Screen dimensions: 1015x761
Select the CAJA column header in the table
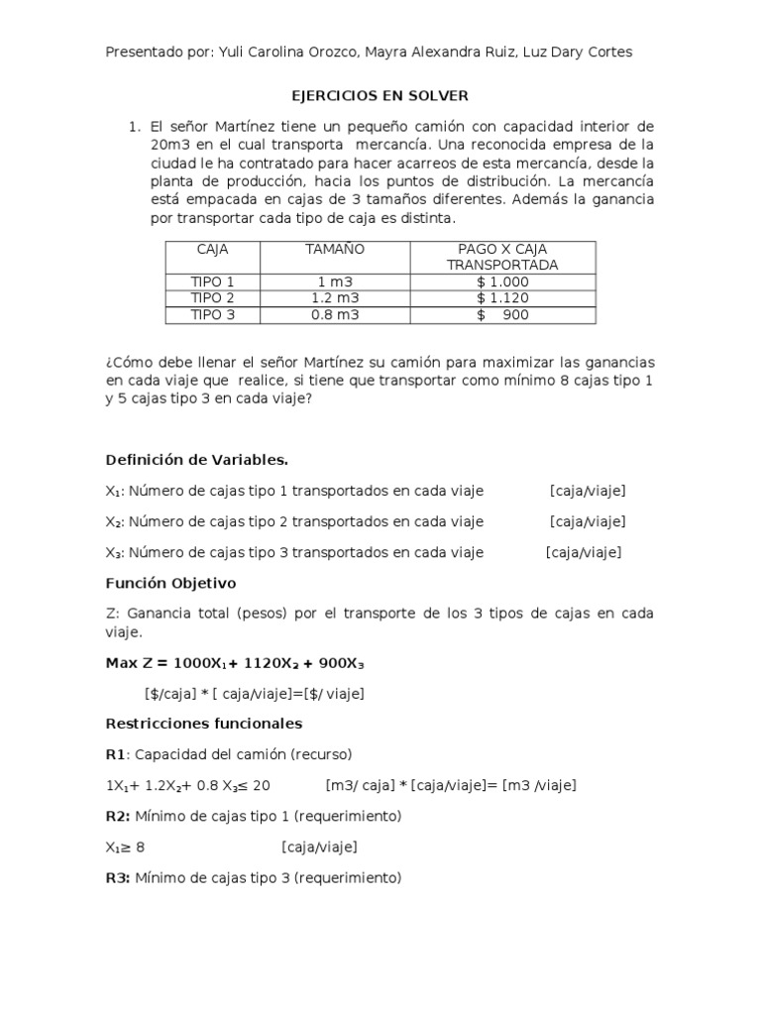(212, 249)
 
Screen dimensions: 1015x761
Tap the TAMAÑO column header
(335, 249)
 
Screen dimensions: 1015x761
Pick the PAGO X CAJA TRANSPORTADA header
(502, 257)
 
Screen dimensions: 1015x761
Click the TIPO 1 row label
(212, 282)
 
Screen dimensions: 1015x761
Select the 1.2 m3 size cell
(335, 298)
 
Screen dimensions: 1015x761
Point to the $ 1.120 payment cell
(502, 298)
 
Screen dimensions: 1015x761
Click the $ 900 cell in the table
(502, 315)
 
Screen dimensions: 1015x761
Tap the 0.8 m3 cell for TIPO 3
(335, 315)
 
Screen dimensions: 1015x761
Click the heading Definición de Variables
(196, 460)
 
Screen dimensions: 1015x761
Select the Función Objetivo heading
(170, 583)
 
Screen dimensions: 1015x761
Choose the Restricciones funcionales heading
(203, 724)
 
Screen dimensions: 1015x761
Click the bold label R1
(116, 754)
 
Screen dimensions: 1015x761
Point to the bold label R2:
(118, 816)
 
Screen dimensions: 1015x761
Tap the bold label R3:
(118, 877)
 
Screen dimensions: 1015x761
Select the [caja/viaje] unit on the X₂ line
(588, 521)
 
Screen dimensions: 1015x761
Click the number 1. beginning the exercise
(136, 127)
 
